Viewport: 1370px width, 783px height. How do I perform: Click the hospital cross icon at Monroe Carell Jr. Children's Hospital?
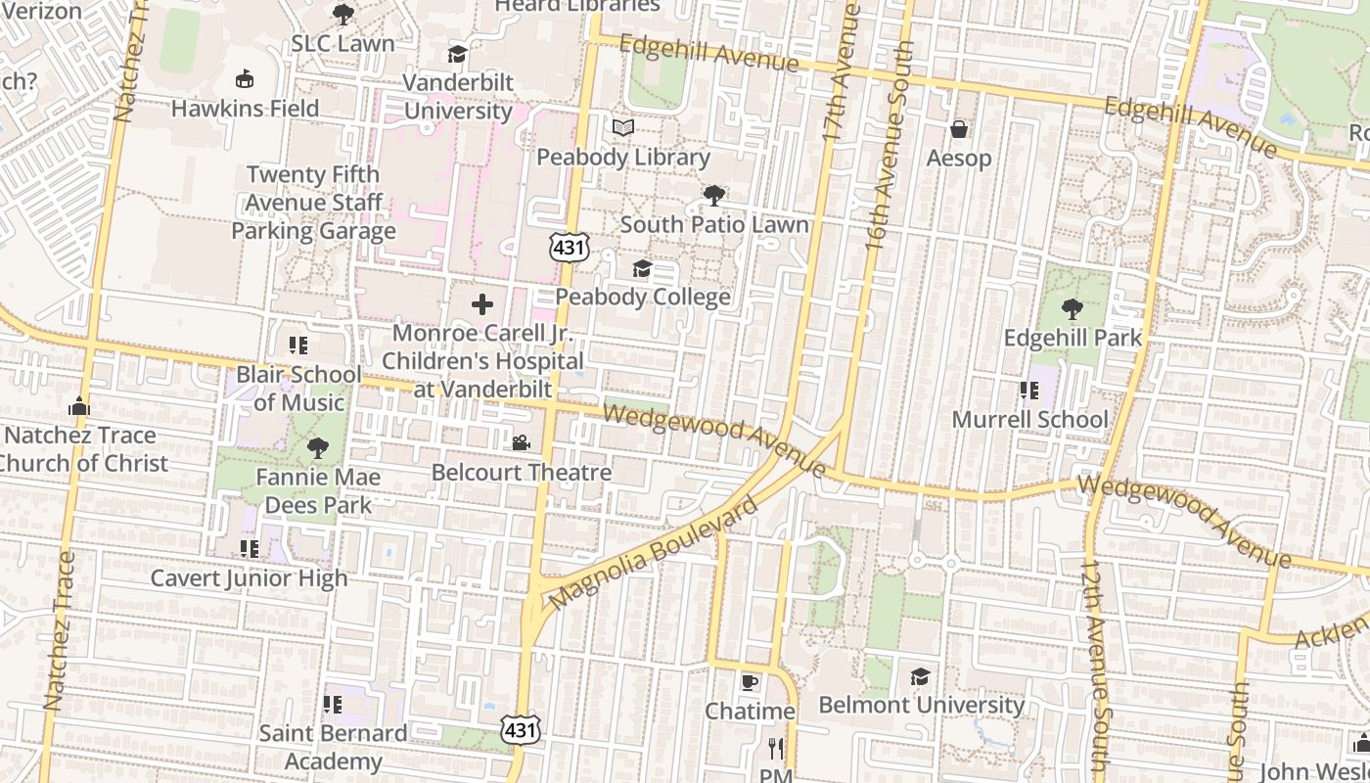click(x=482, y=304)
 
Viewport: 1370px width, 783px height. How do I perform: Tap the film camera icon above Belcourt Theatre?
click(x=521, y=443)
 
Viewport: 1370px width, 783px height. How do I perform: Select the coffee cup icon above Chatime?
click(x=750, y=682)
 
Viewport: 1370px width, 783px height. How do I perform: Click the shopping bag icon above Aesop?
click(x=959, y=129)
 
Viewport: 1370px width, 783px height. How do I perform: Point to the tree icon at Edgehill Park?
click(x=1073, y=309)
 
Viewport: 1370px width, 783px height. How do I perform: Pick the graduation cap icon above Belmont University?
click(x=920, y=676)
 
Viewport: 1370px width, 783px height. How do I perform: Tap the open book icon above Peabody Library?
click(x=623, y=128)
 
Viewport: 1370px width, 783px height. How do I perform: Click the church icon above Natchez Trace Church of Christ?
click(x=79, y=406)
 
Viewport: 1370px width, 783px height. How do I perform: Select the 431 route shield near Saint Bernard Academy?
click(x=520, y=729)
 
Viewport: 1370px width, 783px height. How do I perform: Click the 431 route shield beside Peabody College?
click(x=569, y=249)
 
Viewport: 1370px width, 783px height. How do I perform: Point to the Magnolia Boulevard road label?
click(x=654, y=552)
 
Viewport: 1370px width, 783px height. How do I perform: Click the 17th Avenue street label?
click(x=842, y=73)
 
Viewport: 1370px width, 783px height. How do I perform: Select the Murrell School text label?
click(x=1030, y=420)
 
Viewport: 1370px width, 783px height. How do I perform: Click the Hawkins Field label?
click(x=246, y=108)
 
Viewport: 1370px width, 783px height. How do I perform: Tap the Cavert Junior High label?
click(x=249, y=578)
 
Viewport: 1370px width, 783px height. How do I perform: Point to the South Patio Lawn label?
click(x=714, y=224)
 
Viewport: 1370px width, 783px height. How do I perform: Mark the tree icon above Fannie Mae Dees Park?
click(x=317, y=448)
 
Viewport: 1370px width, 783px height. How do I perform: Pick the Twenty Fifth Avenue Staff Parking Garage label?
click(x=314, y=203)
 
